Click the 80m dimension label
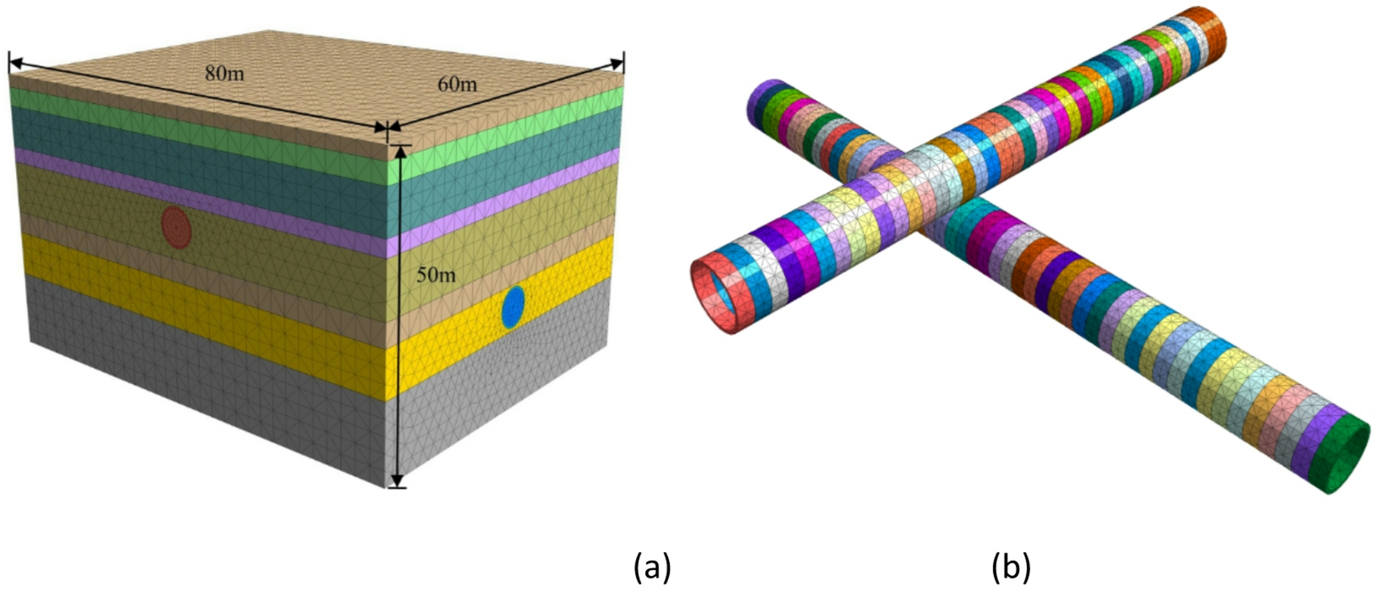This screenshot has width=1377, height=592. pyautogui.click(x=224, y=74)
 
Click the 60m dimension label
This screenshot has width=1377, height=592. pyautogui.click(x=458, y=84)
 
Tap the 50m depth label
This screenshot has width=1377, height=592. pyautogui.click(x=436, y=275)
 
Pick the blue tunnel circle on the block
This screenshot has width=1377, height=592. pyautogui.click(x=513, y=307)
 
